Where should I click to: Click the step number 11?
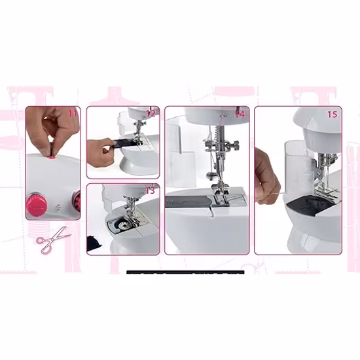pos(73,113)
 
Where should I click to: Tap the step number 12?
pos(151,113)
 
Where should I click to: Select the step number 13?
pos(150,190)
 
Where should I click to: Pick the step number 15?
pos(332,114)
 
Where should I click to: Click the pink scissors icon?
pos(52,240)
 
